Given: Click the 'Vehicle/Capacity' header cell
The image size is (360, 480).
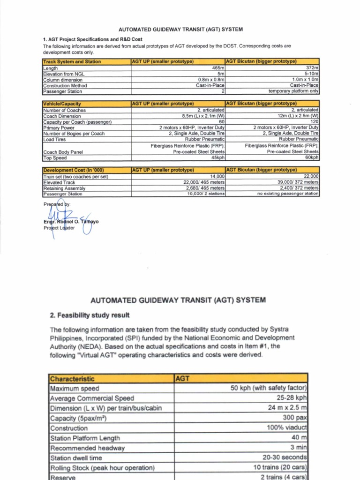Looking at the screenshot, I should (62, 104).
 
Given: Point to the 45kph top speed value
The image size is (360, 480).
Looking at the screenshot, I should (217, 158).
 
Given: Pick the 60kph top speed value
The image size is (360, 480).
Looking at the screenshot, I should (311, 158).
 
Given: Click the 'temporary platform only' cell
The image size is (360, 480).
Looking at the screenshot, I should (293, 91).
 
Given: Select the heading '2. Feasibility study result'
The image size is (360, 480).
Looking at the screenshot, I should (90, 315).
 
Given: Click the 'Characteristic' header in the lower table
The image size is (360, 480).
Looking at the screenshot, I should (72, 378).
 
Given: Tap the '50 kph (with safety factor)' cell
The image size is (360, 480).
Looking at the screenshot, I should (269, 388).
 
